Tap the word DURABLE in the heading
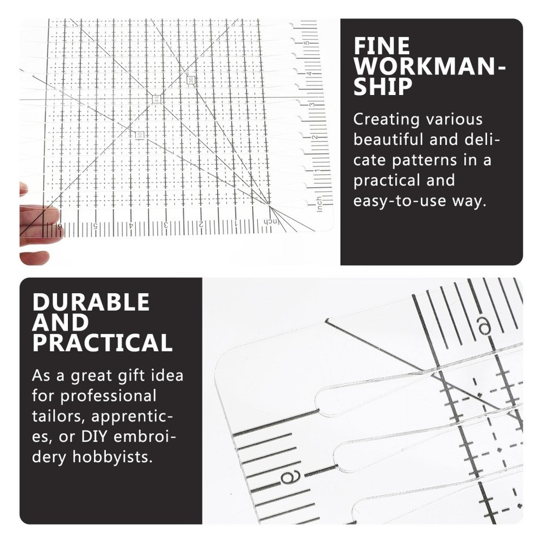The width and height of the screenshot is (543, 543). pyautogui.click(x=91, y=302)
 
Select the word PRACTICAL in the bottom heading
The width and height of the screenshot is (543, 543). pyautogui.click(x=102, y=343)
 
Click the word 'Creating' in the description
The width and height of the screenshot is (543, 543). pyautogui.click(x=386, y=119)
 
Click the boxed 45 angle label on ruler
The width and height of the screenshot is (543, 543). pyautogui.click(x=156, y=98)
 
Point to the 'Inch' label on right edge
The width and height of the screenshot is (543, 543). pyautogui.click(x=319, y=203)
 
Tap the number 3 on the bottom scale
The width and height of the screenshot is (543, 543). pyautogui.click(x=166, y=225)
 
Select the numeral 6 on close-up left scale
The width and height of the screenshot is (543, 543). pyautogui.click(x=285, y=477)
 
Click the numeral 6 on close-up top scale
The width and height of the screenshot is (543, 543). pyautogui.click(x=484, y=325)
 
